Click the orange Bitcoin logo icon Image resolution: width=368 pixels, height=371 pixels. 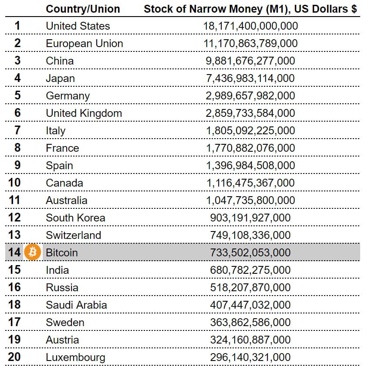[32, 252]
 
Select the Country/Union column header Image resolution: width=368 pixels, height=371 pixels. [83, 9]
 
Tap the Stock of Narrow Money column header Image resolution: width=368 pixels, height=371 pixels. [250, 9]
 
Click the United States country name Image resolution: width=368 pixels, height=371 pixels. [78, 26]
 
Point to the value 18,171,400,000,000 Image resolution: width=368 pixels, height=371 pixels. [250, 26]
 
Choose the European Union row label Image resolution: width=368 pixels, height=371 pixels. [84, 44]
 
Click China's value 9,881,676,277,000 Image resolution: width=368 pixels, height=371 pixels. [250, 61]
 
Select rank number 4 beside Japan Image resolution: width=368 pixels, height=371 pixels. [17, 78]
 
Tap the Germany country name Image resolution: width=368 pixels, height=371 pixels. [68, 96]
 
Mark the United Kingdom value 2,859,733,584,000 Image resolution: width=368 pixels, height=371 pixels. [250, 113]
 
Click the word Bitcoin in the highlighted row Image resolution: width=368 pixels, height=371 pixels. [62, 253]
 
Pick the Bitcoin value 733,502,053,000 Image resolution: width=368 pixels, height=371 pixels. [250, 253]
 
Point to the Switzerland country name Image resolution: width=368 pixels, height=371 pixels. [74, 235]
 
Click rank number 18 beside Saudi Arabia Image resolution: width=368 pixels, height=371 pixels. [14, 305]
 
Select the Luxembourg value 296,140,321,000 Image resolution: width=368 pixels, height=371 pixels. [250, 357]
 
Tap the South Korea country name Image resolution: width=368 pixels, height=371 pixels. [75, 218]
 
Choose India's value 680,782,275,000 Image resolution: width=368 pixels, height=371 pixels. [250, 270]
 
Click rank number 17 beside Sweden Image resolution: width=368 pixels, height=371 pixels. [14, 322]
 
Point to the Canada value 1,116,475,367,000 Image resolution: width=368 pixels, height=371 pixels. [250, 183]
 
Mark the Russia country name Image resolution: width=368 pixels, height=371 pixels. [62, 288]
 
